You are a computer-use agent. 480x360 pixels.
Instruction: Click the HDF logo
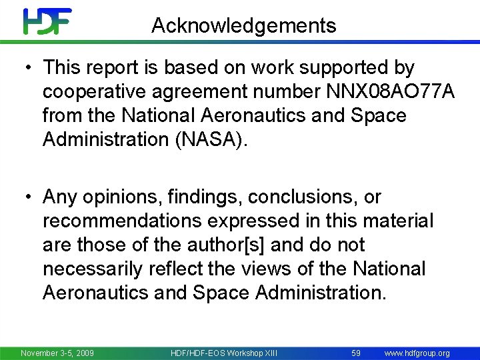[x=47, y=21]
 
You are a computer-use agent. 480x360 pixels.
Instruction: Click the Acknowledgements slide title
[x=244, y=26]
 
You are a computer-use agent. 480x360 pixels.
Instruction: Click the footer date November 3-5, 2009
[x=57, y=353]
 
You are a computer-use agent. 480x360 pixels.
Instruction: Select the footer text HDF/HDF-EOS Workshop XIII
[x=223, y=353]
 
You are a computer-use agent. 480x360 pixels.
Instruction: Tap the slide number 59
[x=356, y=353]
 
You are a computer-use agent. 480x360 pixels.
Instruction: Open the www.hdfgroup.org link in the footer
[x=417, y=353]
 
